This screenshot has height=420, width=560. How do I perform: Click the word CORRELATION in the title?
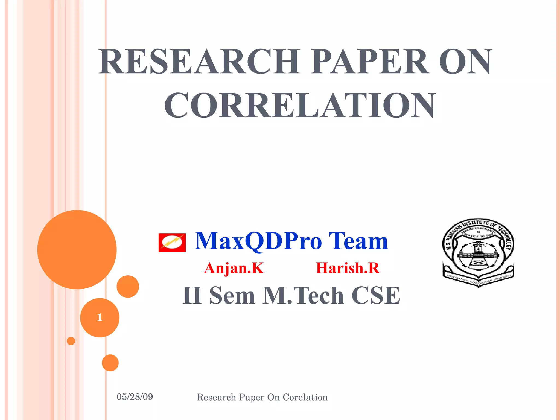pyautogui.click(x=300, y=105)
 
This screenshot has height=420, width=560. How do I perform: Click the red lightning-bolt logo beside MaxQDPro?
pyautogui.click(x=172, y=243)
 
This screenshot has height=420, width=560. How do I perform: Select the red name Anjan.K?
pyautogui.click(x=234, y=268)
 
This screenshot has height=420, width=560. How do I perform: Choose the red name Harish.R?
pyautogui.click(x=348, y=268)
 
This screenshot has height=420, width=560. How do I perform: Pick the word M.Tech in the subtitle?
pyautogui.click(x=303, y=295)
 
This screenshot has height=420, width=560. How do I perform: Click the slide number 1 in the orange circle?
pyautogui.click(x=100, y=317)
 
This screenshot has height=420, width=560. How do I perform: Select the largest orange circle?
pyautogui.click(x=77, y=249)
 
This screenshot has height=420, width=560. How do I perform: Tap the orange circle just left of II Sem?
pyautogui.click(x=128, y=286)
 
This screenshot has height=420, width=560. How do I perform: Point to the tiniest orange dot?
pyautogui.click(x=71, y=341)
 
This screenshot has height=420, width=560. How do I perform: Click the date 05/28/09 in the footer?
pyautogui.click(x=135, y=397)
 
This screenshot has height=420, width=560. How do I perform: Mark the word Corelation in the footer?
pyautogui.click(x=305, y=397)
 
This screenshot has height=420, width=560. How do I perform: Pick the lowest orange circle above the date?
pyautogui.click(x=110, y=363)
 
